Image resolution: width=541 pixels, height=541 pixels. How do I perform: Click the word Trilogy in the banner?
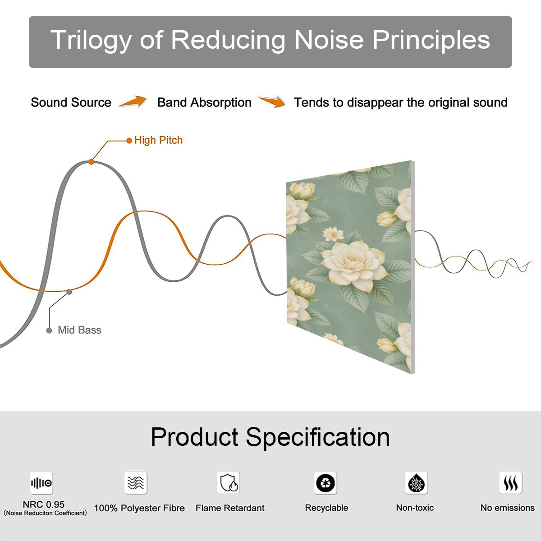(x=91, y=41)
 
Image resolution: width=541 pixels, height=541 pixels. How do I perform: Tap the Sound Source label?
(x=71, y=102)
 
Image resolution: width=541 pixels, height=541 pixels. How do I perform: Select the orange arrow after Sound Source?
(x=133, y=101)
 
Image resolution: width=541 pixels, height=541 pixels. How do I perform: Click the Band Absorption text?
(x=204, y=103)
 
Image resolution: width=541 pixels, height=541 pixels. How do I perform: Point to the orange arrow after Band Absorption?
(x=272, y=101)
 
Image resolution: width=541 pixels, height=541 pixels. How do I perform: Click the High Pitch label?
(x=158, y=140)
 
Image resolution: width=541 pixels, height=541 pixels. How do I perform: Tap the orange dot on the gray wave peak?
(x=91, y=162)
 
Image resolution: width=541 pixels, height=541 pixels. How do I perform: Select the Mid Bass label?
(x=79, y=330)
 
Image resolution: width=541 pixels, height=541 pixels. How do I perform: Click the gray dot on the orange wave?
(x=69, y=292)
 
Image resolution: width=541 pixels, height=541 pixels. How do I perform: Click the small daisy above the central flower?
(x=333, y=234)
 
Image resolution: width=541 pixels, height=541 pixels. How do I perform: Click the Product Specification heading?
(x=270, y=437)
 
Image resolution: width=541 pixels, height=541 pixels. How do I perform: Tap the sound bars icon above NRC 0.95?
(x=41, y=483)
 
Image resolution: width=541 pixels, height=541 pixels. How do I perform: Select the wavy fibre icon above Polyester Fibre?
(x=136, y=482)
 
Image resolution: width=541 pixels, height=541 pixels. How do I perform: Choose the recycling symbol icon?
(x=326, y=483)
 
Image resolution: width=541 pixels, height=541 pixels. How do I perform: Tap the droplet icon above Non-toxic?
(x=417, y=483)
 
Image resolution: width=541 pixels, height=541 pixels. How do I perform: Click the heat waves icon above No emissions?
(x=511, y=483)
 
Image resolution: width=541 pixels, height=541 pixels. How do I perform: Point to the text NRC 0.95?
(x=44, y=504)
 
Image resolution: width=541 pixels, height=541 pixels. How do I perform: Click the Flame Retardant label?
(x=230, y=508)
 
